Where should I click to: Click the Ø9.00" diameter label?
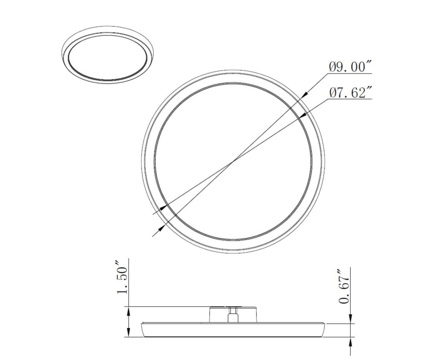click(x=351, y=67)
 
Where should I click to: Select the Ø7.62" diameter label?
click(x=351, y=93)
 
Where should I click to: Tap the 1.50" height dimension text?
click(x=122, y=277)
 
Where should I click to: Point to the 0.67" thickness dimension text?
click(x=344, y=286)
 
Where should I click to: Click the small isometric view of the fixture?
click(x=108, y=54)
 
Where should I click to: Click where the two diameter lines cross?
click(x=233, y=161)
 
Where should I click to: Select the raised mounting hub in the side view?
click(x=233, y=314)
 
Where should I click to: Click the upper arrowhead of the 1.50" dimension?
click(x=128, y=311)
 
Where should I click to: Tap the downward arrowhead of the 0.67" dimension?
click(x=350, y=319)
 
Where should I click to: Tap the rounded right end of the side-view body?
click(x=323, y=330)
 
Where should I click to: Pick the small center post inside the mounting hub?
click(x=233, y=316)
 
